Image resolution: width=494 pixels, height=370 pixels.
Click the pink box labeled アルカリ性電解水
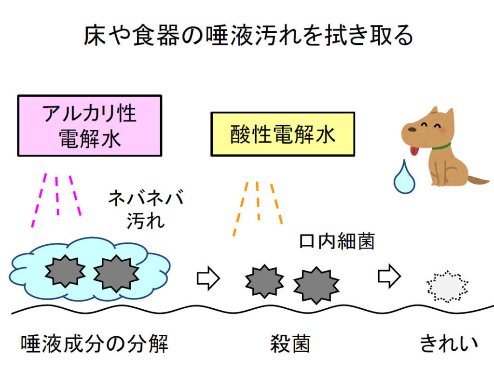(x=89, y=125)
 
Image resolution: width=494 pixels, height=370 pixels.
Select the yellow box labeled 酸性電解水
(x=283, y=134)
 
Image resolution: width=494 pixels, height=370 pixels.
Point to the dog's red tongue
(x=413, y=152)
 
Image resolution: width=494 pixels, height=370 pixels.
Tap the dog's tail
(x=478, y=181)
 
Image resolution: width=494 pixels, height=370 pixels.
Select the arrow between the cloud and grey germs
(x=208, y=278)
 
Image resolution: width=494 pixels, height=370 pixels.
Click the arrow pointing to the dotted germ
(x=389, y=276)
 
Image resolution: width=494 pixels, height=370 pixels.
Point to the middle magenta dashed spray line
(x=57, y=196)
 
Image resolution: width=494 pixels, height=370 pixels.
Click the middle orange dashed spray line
(x=258, y=201)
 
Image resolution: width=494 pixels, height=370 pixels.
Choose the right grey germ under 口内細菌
(x=316, y=285)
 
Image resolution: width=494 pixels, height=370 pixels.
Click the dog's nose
(x=405, y=130)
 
